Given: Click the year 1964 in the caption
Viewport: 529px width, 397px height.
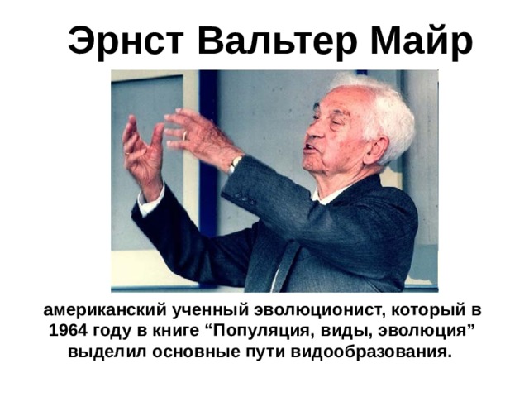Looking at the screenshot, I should point(68,331).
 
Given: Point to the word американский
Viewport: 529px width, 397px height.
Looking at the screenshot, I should point(98,311).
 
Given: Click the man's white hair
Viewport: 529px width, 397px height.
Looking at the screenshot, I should point(376,103).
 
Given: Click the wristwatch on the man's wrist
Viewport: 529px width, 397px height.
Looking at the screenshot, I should point(236,162).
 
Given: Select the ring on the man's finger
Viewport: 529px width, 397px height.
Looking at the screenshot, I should point(185,135).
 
